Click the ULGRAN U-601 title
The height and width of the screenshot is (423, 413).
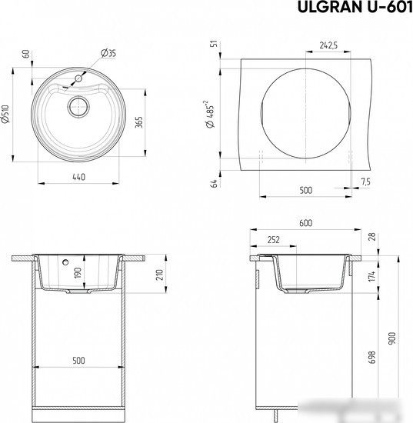[355, 7]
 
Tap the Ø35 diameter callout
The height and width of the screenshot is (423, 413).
[108, 53]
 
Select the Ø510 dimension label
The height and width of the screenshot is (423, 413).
[5, 114]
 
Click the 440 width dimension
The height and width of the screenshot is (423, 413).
[78, 177]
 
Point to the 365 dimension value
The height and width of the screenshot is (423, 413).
[138, 122]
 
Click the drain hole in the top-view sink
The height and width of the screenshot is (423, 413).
[78, 107]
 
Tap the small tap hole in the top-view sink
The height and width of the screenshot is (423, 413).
[78, 78]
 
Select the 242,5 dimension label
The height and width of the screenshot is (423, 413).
[328, 45]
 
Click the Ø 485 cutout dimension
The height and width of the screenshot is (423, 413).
[210, 114]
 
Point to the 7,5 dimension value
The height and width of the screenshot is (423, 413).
[365, 182]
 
